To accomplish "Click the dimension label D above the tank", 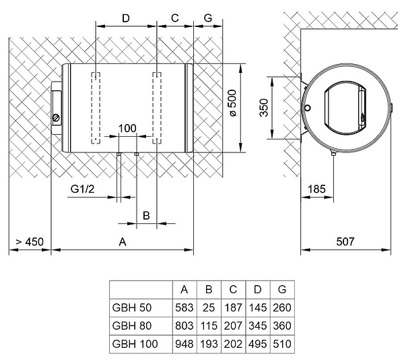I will tap(126, 18).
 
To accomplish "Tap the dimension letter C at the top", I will tap(174, 18).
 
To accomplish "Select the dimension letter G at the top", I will tap(208, 18).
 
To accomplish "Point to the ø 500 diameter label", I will tap(232, 107).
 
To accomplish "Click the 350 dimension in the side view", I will tap(265, 107).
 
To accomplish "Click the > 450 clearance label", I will tap(30, 241).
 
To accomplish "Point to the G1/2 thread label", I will tap(81, 189).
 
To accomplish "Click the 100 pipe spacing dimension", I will tap(127, 129).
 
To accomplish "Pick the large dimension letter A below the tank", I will tap(123, 241).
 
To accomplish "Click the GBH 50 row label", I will tap(132, 308).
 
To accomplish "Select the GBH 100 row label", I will tap(135, 344).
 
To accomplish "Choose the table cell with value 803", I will tap(184, 326).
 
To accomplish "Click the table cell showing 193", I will tap(209, 344).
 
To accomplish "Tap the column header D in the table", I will tap(258, 290).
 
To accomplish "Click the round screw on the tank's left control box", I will tap(56, 117).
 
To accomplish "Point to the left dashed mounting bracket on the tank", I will tap(96, 107).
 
